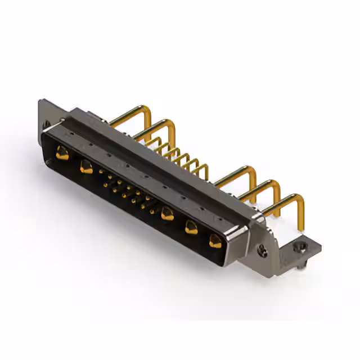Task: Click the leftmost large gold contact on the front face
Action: tap(62, 152)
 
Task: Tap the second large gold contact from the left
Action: tap(86, 167)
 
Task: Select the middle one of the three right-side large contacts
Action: tap(191, 227)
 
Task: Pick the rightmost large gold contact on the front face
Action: tap(215, 241)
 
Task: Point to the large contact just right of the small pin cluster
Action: tap(167, 214)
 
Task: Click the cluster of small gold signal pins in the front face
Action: tap(128, 191)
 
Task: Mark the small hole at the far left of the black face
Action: tap(49, 163)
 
